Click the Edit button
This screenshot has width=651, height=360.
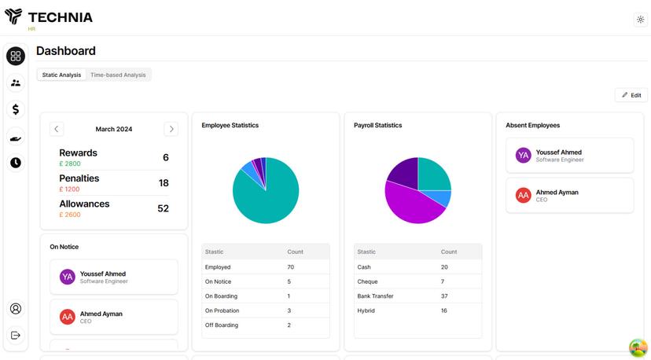631,95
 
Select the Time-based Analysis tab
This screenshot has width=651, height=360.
118,75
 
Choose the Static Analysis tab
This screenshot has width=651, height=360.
61,75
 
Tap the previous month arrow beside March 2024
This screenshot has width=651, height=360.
57,129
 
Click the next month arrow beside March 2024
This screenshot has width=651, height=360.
171,129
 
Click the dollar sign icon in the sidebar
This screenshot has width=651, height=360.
16,109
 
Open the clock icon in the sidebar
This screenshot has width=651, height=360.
16,163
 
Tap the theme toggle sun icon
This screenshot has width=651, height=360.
640,20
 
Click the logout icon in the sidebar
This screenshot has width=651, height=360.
16,336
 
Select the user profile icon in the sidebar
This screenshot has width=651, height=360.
16,309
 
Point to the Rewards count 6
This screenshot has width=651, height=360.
166,158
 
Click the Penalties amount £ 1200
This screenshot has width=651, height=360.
69,189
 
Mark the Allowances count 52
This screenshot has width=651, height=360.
164,208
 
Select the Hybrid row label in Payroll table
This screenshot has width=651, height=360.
366,310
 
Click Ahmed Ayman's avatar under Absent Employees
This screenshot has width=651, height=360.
524,196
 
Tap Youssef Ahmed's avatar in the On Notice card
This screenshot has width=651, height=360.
68,277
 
